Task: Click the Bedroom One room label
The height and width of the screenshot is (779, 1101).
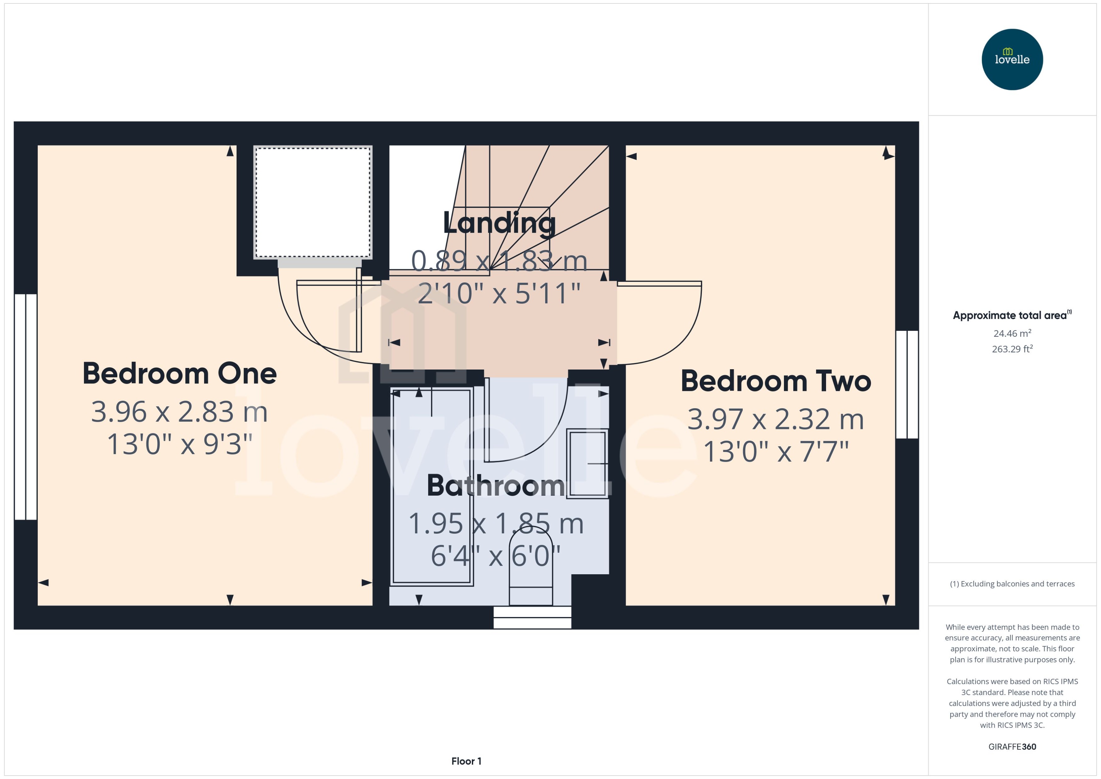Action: click(x=179, y=374)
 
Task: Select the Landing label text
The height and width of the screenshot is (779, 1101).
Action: click(x=499, y=223)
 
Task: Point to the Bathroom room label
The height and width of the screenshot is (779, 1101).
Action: click(x=495, y=486)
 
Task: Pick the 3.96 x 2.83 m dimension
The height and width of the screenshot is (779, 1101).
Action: click(x=179, y=412)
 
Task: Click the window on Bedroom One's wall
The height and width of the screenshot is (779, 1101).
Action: click(x=26, y=407)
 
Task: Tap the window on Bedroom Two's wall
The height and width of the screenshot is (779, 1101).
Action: click(x=907, y=384)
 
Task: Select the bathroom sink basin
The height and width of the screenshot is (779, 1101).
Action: click(x=587, y=463)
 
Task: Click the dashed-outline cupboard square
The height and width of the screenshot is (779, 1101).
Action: click(x=313, y=203)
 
